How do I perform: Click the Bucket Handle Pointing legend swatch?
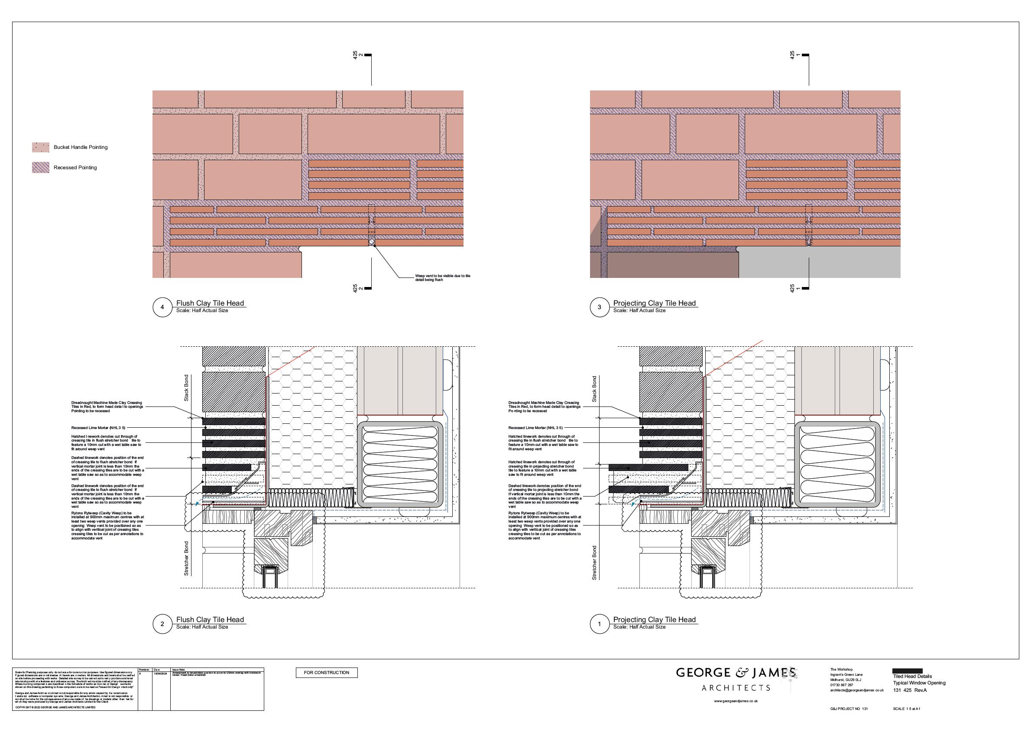(x=40, y=147)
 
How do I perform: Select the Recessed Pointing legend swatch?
(x=40, y=168)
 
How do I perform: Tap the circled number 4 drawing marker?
(x=162, y=307)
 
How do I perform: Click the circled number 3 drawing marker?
(x=599, y=307)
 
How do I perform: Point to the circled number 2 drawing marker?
(x=162, y=624)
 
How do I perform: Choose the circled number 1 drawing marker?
(x=599, y=624)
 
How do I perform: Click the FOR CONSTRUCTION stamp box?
(x=327, y=672)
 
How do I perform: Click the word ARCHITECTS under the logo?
(x=736, y=688)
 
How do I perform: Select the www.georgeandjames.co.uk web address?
(x=736, y=701)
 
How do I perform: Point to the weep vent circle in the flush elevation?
(x=372, y=242)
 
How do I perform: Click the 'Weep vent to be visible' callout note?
(x=442, y=278)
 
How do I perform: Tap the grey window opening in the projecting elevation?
(x=818, y=263)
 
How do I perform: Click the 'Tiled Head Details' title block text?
(x=912, y=676)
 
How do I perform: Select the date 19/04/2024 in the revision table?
(x=160, y=674)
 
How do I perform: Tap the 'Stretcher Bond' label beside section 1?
(x=594, y=563)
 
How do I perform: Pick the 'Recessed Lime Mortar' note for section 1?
(x=535, y=428)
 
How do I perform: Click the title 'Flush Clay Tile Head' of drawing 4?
(x=210, y=303)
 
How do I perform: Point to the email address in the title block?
(x=856, y=690)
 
